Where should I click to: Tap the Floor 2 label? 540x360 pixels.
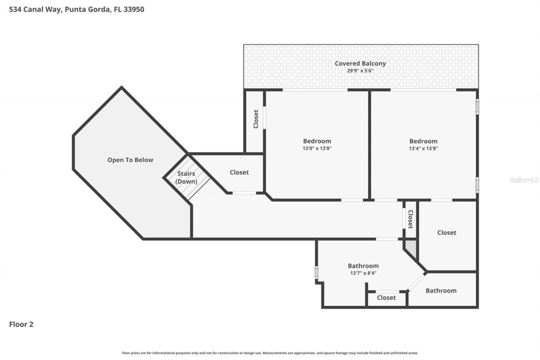[21, 324]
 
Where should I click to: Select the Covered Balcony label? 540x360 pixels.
[360, 63]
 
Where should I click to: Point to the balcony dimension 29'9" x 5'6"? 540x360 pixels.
[360, 70]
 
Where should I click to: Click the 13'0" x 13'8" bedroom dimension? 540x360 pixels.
[317, 148]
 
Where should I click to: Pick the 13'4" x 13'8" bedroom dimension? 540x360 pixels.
[423, 148]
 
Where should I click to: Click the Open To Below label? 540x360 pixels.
[130, 160]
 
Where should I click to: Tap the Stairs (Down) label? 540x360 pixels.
[186, 177]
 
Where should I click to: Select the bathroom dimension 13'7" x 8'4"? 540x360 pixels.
[363, 273]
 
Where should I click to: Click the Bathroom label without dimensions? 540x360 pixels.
[441, 290]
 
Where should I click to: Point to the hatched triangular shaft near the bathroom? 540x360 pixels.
[411, 248]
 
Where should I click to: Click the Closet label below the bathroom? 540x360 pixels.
[386, 298]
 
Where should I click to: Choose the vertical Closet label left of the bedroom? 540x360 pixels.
[256, 119]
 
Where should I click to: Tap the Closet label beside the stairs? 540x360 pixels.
[239, 172]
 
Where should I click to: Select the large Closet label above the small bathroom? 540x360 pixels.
[446, 233]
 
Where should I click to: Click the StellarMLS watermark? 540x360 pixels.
[524, 180]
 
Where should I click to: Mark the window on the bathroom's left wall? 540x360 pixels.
[316, 272]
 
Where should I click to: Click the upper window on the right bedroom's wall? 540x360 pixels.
[477, 106]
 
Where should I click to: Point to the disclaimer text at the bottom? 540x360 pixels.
[270, 353]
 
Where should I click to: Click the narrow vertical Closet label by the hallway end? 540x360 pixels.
[410, 219]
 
